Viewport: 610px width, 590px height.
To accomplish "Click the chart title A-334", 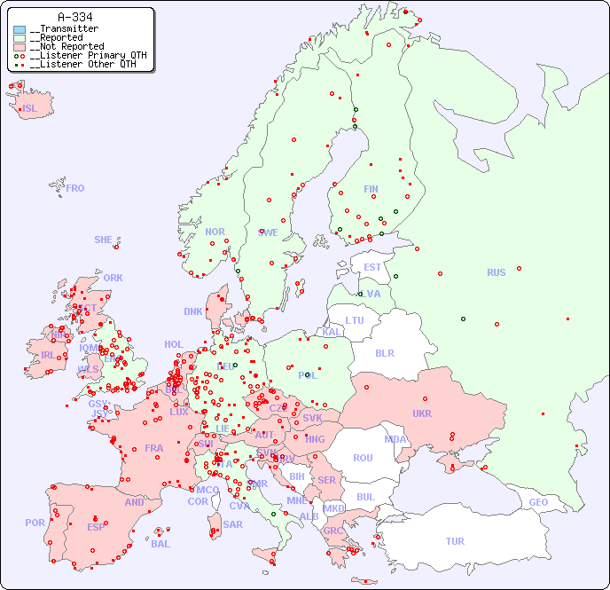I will click(x=74, y=17).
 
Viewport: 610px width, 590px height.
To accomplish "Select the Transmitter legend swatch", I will click(x=20, y=29).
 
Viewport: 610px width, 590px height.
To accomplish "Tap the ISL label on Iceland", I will click(x=30, y=109).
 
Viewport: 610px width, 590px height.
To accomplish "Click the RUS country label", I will click(x=496, y=272).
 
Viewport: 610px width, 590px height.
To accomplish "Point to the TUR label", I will click(x=455, y=541).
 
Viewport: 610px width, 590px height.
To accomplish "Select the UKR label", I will click(x=421, y=413).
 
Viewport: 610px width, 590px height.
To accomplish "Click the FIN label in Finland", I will click(x=371, y=189).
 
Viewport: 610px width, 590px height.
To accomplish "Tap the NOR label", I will click(x=215, y=232).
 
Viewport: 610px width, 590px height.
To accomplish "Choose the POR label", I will click(x=35, y=523).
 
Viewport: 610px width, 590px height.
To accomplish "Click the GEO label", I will click(x=538, y=502).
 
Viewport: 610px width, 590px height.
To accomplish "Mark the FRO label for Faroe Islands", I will click(x=75, y=188).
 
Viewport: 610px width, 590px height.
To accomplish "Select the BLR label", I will click(x=384, y=352).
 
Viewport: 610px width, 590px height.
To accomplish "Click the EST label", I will click(x=372, y=267).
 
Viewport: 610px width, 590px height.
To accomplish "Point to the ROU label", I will click(x=363, y=458).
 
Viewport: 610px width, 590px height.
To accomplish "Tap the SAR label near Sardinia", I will click(x=232, y=524).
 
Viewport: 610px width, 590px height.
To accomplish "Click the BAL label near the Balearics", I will click(x=160, y=544).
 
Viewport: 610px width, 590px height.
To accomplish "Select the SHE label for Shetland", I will click(x=104, y=240).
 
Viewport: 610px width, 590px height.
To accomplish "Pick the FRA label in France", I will click(x=154, y=448).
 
